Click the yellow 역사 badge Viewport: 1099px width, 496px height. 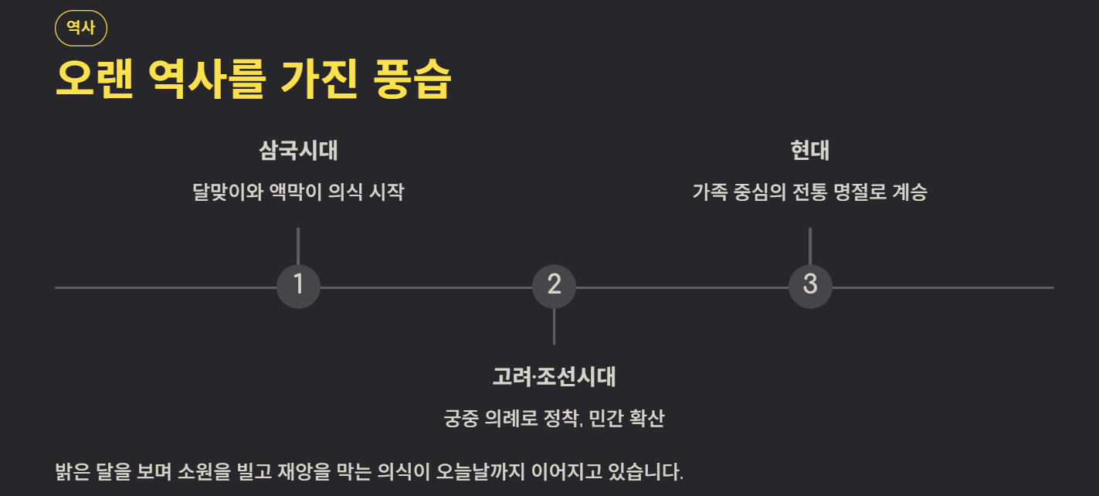pos(81,28)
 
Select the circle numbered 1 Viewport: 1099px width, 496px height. pos(298,287)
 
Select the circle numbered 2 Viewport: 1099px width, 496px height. pos(554,287)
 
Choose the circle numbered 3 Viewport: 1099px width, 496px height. pos(809,287)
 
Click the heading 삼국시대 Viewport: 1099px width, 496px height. pos(298,150)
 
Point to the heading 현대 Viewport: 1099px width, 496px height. pos(809,150)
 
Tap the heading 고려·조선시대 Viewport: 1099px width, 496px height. pos(554,377)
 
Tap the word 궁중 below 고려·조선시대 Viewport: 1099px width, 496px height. pos(459,419)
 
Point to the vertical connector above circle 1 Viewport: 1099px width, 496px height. pos(298,246)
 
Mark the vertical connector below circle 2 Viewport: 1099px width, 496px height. pos(554,327)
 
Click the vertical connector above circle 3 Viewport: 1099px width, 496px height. pos(809,246)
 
